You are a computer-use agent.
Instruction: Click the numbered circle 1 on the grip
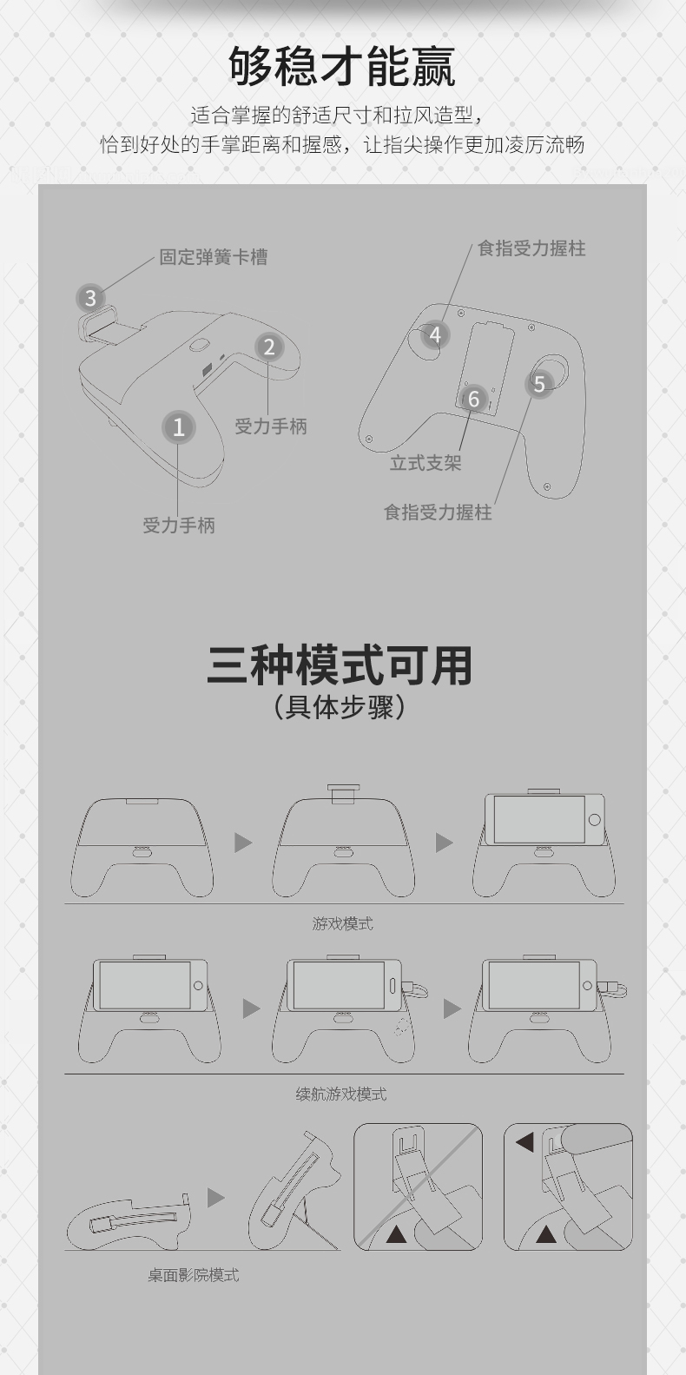point(179,426)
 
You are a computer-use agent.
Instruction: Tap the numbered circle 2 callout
point(269,347)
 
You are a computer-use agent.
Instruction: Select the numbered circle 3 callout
point(90,299)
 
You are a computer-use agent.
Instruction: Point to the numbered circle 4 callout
point(435,334)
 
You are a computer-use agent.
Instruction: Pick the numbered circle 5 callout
point(539,384)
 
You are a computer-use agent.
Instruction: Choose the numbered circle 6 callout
point(473,399)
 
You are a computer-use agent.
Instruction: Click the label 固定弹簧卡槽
point(213,257)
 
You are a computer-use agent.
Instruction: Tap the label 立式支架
point(425,463)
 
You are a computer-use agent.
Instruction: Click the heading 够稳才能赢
point(342,66)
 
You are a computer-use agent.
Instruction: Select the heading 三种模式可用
point(340,665)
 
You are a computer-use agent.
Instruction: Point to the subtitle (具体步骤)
point(340,706)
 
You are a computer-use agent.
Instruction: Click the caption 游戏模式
point(342,923)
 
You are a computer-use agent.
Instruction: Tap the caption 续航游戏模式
point(341,1094)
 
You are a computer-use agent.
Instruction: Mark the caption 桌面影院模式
point(193,1275)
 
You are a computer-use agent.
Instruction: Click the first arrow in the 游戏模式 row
point(243,843)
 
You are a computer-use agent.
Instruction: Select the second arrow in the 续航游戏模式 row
point(452,1008)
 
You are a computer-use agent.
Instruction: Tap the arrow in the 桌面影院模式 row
point(216,1198)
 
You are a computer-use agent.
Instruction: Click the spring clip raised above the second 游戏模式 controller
point(343,792)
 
